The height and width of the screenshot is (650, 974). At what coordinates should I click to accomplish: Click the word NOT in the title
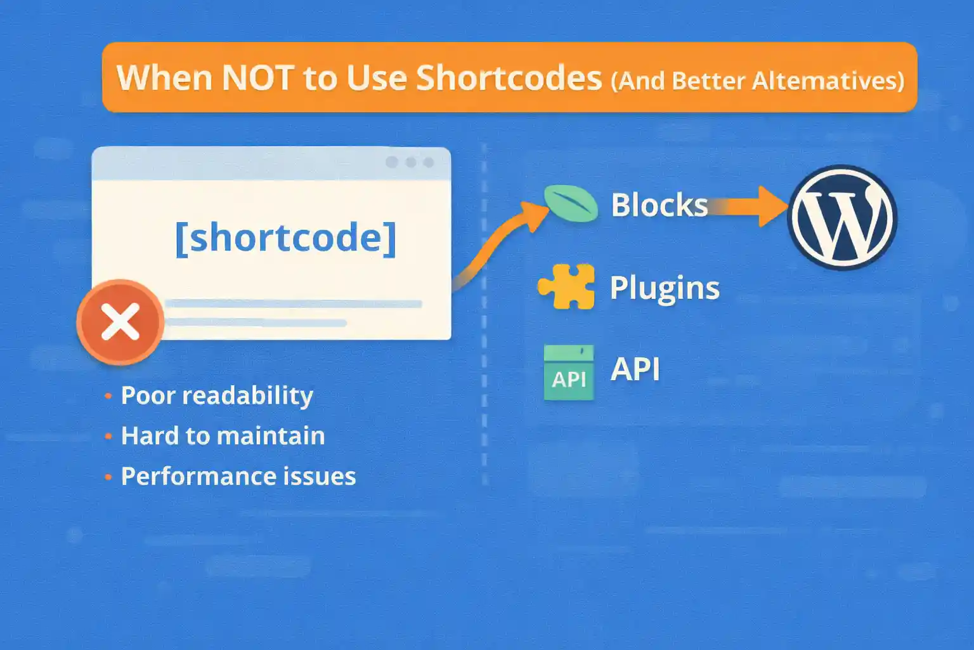257,78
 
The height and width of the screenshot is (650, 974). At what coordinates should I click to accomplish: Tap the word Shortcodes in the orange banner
509,78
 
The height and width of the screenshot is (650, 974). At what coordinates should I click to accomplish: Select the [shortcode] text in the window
285,237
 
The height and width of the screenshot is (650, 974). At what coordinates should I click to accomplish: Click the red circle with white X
120,322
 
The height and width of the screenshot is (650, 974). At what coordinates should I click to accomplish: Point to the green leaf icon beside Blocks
571,203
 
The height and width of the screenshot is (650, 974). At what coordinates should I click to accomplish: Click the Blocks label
659,205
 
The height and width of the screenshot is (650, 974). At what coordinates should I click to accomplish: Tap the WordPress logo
841,218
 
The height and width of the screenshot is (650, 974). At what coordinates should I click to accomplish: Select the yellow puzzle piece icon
566,286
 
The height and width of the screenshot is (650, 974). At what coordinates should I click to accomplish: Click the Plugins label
664,288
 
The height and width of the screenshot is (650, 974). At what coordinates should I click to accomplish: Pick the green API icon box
569,373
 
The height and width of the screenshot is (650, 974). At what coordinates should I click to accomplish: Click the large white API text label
635,369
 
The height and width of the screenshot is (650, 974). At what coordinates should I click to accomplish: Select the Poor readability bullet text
217,395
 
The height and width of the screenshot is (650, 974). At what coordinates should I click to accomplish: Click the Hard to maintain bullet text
223,435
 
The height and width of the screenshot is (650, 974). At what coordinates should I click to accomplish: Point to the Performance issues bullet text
238,476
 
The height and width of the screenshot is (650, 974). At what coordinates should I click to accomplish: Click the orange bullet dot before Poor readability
108,396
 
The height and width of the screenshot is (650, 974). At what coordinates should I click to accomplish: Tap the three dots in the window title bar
410,162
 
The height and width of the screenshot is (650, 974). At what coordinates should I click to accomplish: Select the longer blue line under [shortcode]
293,304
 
